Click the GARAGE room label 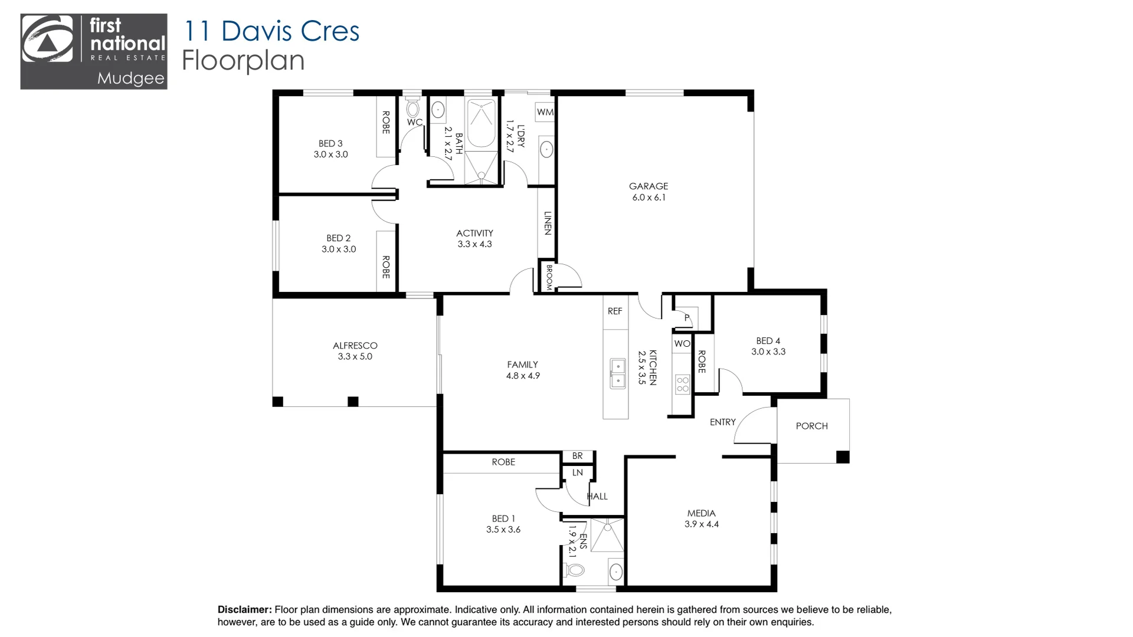point(648,186)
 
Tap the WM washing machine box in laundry point(545,112)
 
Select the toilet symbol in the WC point(413,108)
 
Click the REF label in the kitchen point(615,311)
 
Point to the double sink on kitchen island point(617,374)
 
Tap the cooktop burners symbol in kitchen point(683,385)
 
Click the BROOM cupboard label point(548,276)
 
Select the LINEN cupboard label point(547,223)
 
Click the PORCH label point(811,426)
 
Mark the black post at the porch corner point(843,457)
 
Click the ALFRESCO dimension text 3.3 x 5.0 point(355,357)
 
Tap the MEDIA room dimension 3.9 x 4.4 point(701,524)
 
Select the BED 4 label point(768,341)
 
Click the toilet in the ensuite point(574,570)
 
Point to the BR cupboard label point(577,456)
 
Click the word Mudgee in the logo point(130,78)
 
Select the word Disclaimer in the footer point(244,610)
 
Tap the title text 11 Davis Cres point(271,31)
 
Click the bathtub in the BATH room point(480,123)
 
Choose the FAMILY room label point(522,365)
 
